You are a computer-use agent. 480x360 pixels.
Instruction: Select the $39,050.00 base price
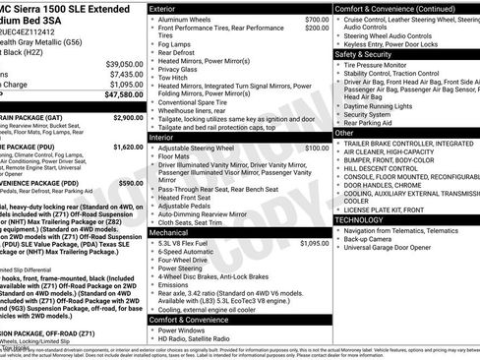(122, 62)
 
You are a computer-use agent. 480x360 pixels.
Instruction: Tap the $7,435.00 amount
(124, 74)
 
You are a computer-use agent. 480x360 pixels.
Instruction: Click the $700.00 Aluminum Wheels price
(317, 20)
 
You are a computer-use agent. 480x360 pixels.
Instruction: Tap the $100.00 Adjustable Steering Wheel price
(317, 148)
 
